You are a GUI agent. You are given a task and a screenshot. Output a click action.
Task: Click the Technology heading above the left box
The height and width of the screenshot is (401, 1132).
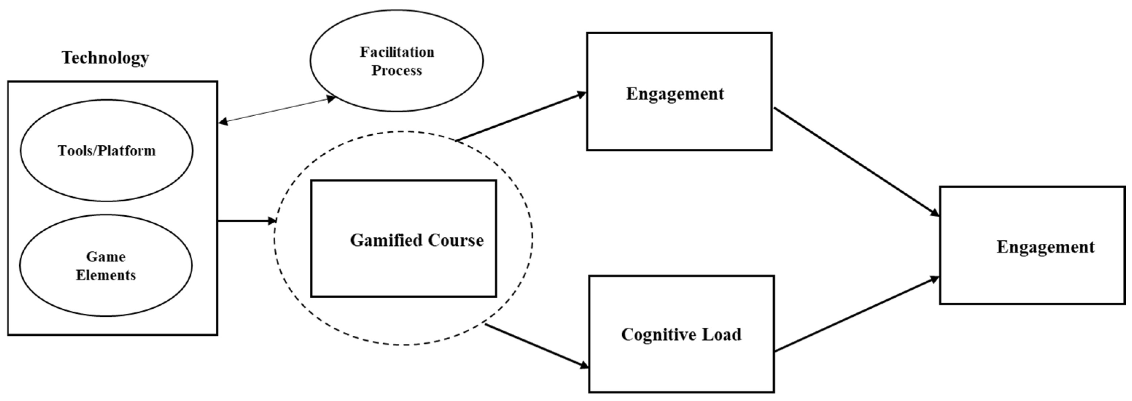105,58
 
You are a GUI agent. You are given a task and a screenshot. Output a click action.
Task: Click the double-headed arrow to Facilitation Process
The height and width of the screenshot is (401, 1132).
277,110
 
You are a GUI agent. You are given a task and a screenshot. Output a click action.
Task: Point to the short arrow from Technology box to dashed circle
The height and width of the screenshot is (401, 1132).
246,220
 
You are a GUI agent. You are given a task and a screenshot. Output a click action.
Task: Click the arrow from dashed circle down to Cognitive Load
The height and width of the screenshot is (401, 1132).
536,345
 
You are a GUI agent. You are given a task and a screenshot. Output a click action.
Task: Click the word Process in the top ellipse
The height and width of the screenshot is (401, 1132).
396,70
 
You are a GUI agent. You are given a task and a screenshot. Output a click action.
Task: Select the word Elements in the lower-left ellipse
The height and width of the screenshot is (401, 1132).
105,275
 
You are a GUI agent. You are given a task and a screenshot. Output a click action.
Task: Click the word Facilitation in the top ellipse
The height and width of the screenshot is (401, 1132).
397,52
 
